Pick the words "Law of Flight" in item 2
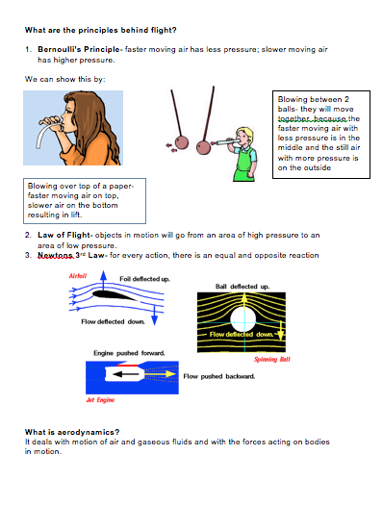point(65,234)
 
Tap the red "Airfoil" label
point(79,276)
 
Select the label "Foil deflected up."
point(145,278)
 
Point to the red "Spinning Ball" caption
point(272,359)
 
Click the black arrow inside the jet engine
point(140,374)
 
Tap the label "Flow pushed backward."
point(218,376)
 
